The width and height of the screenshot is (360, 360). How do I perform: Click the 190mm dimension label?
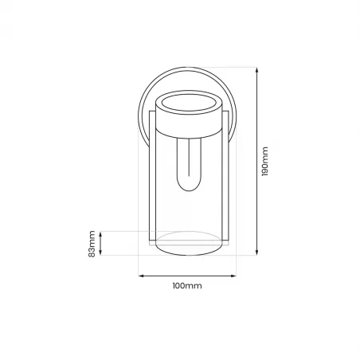[266, 162]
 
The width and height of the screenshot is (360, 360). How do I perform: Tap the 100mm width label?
[187, 285]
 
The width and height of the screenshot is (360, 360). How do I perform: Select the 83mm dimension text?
[92, 243]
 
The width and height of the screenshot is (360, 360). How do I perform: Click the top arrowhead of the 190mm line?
[256, 69]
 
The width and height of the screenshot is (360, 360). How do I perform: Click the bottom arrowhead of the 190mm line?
[256, 255]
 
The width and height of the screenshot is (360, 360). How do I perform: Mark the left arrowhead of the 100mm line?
[141, 276]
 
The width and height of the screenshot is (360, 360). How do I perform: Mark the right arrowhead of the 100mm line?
[235, 276]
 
